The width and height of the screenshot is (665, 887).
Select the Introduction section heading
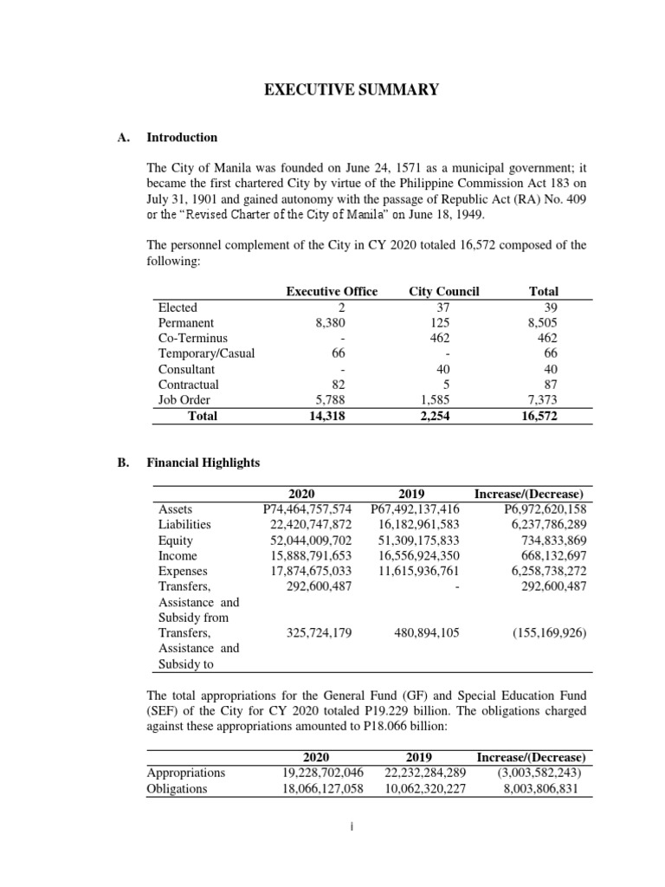pyautogui.click(x=182, y=137)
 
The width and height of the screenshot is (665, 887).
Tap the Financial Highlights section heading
pyautogui.click(x=203, y=463)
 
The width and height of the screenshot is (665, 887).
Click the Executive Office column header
pyautogui.click(x=332, y=291)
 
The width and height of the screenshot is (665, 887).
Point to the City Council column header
pyautogui.click(x=443, y=291)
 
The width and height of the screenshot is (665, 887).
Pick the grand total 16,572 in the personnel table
pyautogui.click(x=539, y=416)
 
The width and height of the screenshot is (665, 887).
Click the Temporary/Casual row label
pyautogui.click(x=206, y=353)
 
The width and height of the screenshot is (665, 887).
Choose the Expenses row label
pyautogui.click(x=182, y=571)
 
